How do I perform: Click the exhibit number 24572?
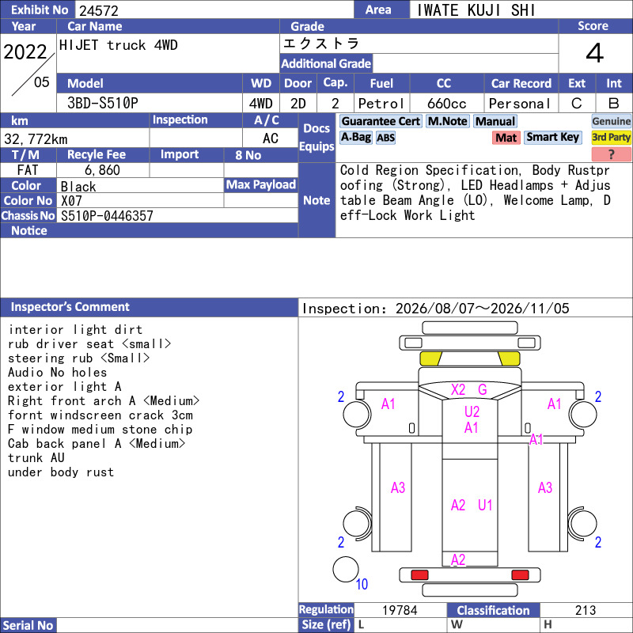[98, 10]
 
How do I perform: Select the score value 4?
[595, 53]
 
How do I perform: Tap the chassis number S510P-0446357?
[107, 216]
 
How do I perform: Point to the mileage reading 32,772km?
[36, 139]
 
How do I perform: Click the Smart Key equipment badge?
[552, 137]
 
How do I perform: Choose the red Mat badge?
[506, 138]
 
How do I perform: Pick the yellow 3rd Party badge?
[611, 137]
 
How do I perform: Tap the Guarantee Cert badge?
[381, 121]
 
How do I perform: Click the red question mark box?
[611, 154]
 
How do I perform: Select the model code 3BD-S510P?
[103, 104]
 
